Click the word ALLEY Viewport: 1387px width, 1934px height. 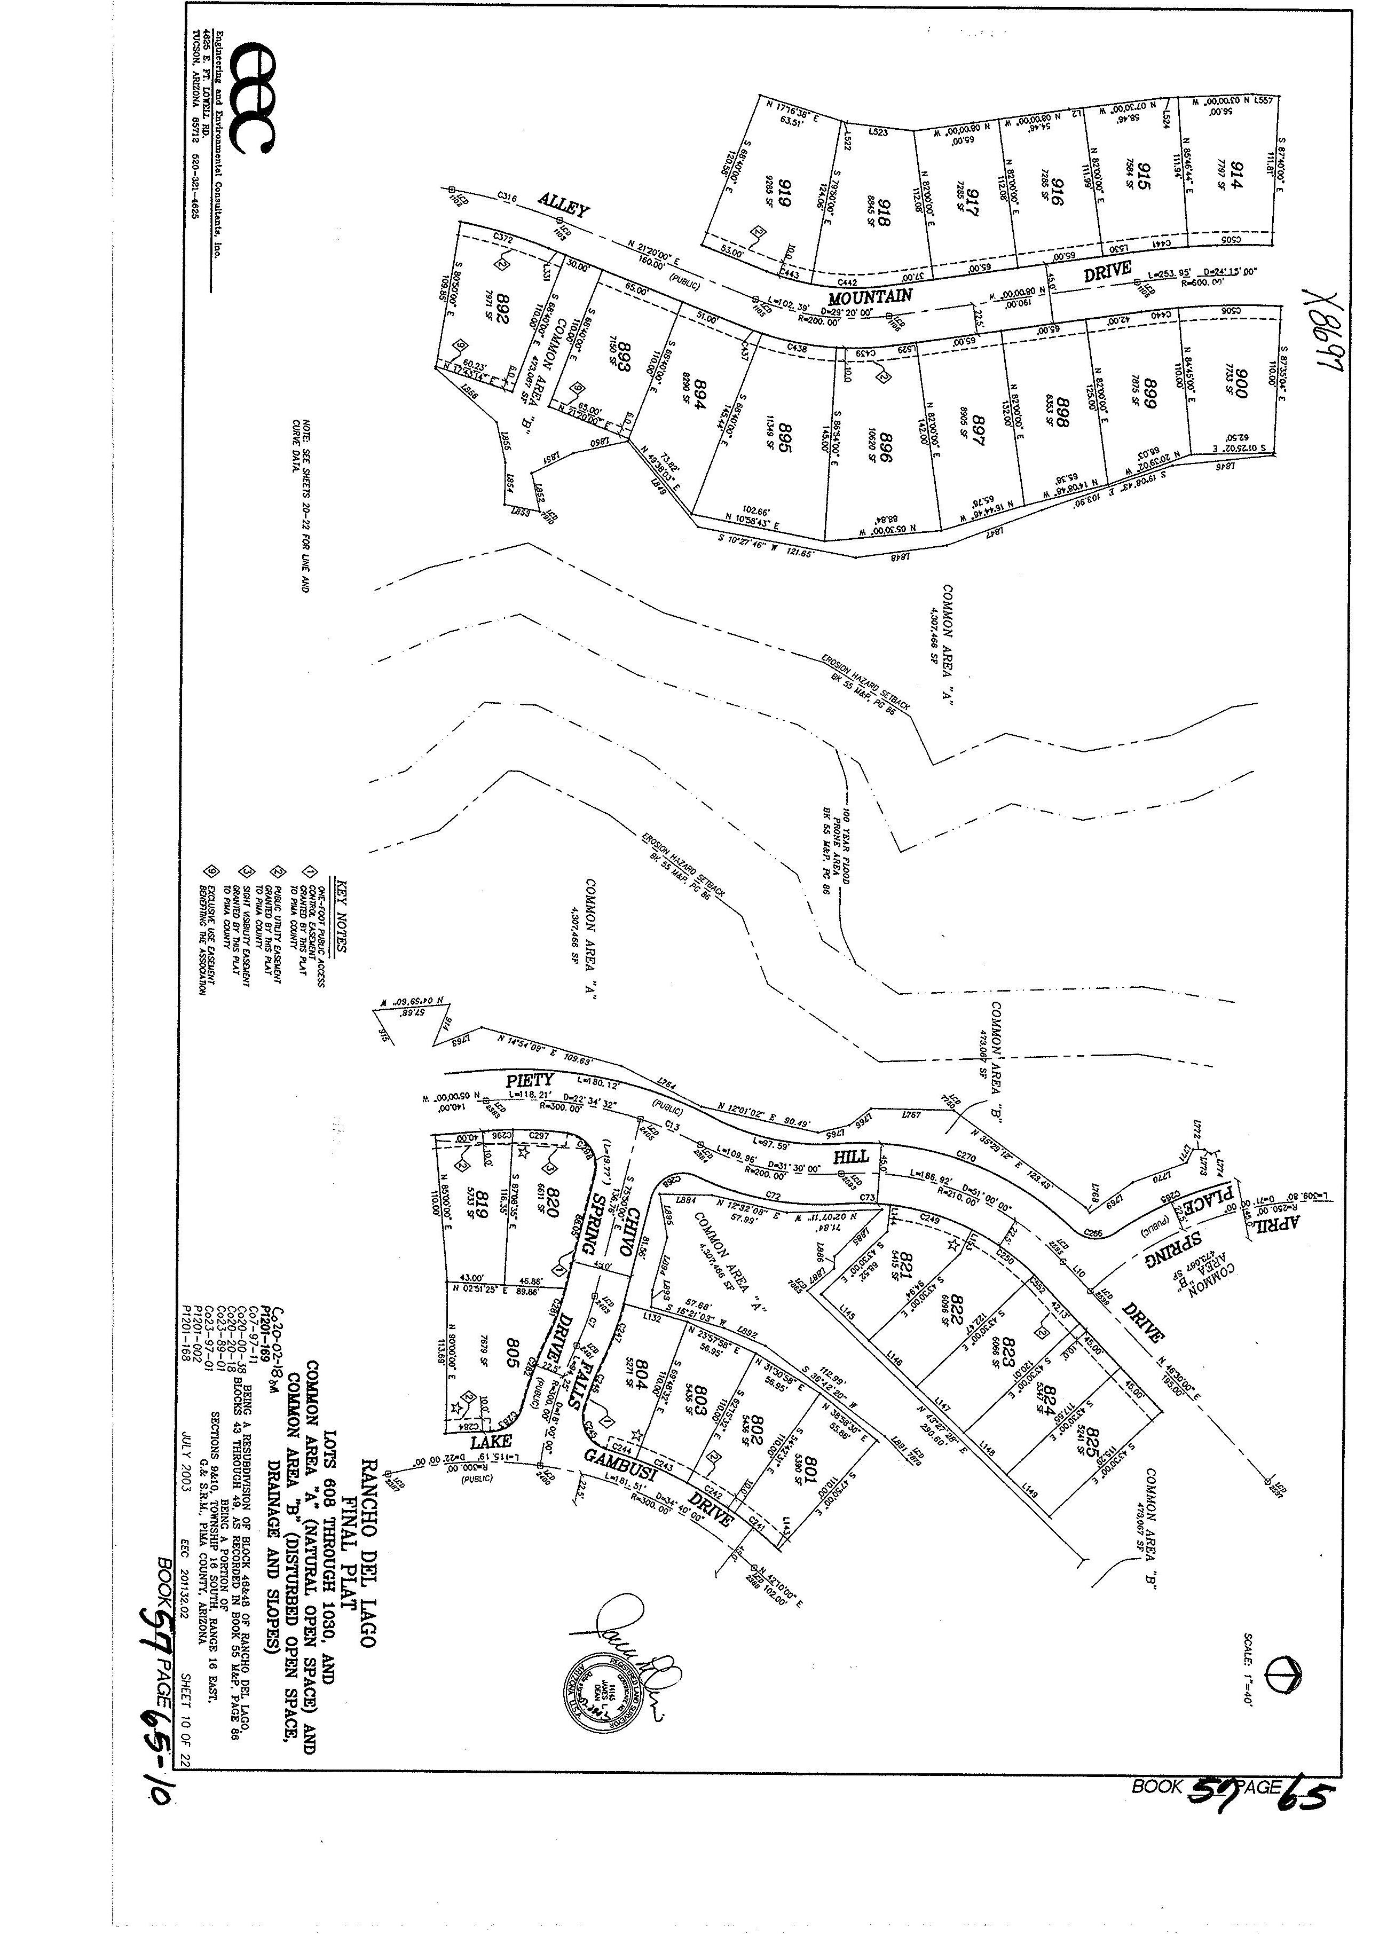click(x=563, y=206)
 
